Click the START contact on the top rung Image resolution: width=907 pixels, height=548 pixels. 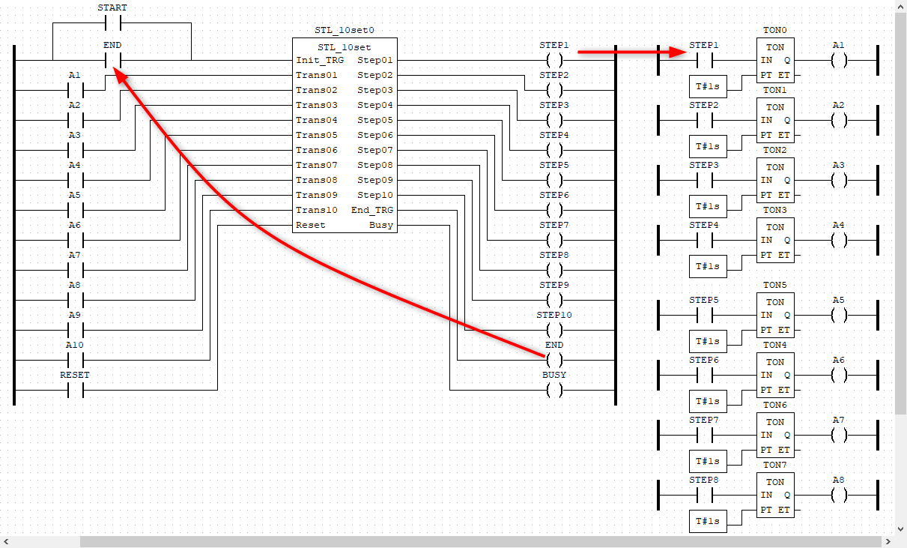[112, 22]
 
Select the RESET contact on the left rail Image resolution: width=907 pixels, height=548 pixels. [75, 390]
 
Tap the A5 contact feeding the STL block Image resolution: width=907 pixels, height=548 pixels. [75, 210]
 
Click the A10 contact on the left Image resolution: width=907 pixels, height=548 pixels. [75, 360]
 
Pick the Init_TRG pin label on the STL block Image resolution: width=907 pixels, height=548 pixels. [320, 60]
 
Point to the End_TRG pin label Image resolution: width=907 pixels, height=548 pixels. [371, 210]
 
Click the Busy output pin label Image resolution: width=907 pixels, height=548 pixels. [380, 225]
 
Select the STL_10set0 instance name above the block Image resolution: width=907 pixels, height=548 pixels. [345, 31]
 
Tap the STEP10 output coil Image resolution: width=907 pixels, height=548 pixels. [554, 330]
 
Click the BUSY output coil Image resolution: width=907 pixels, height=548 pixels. [554, 390]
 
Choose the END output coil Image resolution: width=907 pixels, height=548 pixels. [554, 360]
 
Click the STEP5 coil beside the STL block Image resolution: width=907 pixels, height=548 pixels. [554, 180]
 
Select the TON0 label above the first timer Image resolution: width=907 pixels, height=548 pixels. [774, 31]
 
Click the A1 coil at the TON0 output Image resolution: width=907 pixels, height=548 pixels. [839, 60]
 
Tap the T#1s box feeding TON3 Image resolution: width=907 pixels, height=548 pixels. [708, 266]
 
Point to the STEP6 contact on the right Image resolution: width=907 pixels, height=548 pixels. [704, 375]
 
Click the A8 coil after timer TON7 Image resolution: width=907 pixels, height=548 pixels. [839, 495]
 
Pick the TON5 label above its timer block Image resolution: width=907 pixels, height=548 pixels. [774, 286]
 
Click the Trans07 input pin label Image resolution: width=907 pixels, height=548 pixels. [317, 165]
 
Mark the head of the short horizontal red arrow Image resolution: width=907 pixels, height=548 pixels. [685, 51]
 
